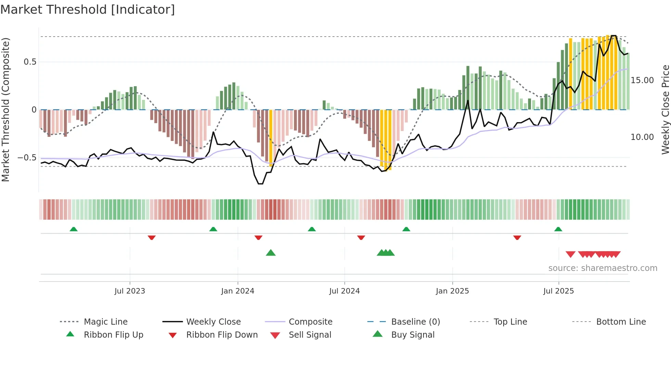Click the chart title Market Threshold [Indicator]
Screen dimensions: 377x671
pos(88,10)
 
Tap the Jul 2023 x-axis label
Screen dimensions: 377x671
pos(130,291)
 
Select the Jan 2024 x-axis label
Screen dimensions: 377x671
pos(238,291)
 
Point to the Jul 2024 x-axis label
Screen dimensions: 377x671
pos(344,291)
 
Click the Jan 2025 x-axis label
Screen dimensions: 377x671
pos(452,291)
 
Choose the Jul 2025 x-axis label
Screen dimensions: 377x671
pos(558,291)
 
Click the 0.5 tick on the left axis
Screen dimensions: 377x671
pos(30,62)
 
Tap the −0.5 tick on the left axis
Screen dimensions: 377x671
pos(27,158)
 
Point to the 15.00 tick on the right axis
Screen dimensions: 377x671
pos(642,80)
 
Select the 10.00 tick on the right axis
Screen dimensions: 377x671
pos(642,137)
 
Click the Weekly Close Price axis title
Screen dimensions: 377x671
pos(665,109)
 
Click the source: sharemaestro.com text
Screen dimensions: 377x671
pos(603,268)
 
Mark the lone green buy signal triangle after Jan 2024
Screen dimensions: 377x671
pos(271,253)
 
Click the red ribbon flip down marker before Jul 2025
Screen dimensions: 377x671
pos(517,237)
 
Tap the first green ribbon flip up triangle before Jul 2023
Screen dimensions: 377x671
pos(74,229)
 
